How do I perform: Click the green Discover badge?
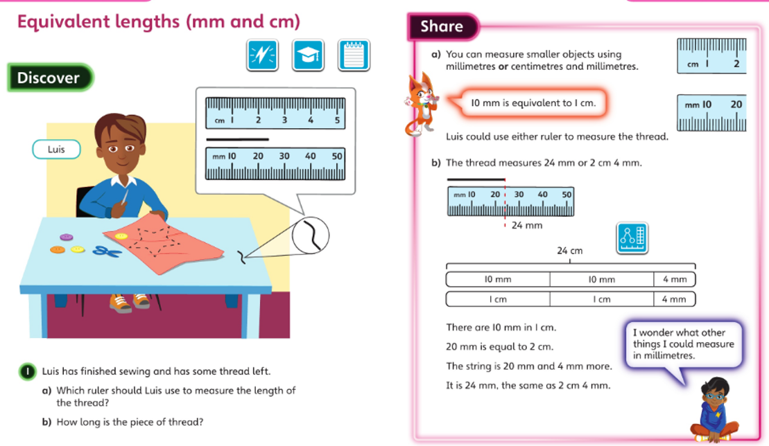pos(50,78)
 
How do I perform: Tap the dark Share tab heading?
pos(442,26)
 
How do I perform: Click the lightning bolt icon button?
pos(262,55)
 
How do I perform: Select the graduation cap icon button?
pos(308,55)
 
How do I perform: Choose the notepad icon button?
pos(354,55)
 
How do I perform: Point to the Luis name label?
pos(56,150)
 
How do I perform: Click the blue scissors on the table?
pos(107,251)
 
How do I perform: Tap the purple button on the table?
pos(66,238)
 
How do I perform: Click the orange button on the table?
pos(58,250)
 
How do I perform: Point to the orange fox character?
pos(421,105)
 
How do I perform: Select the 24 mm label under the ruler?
pos(527,226)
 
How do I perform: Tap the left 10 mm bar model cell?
pos(498,280)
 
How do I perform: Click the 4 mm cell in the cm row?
pos(674,299)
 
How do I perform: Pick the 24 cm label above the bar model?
pos(569,251)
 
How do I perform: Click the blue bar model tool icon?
pos(632,238)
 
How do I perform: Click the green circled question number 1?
pos(28,372)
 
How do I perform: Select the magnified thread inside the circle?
pos(313,235)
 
